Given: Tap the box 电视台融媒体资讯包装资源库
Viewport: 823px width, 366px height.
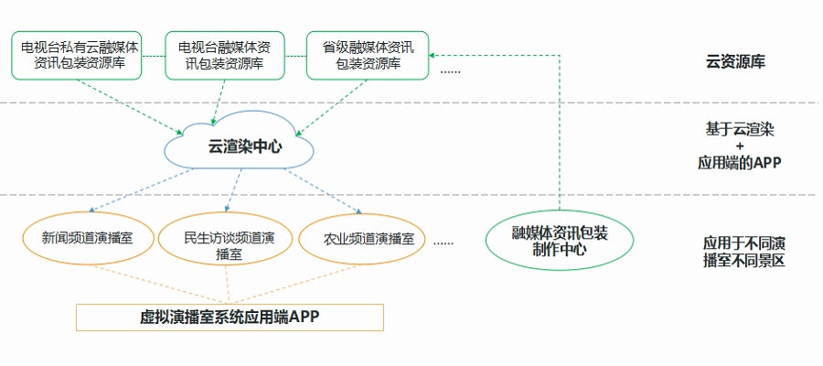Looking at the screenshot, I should pos(224,55).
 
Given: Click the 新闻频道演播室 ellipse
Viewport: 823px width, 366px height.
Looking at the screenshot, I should pos(87,239).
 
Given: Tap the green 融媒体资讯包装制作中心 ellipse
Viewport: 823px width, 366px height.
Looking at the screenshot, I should pos(559,241).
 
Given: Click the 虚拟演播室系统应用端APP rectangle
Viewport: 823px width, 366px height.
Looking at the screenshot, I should pos(229,317).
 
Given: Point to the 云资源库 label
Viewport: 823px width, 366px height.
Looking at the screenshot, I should pos(735,62).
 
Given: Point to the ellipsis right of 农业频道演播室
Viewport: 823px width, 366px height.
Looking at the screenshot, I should pos(444,242).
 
